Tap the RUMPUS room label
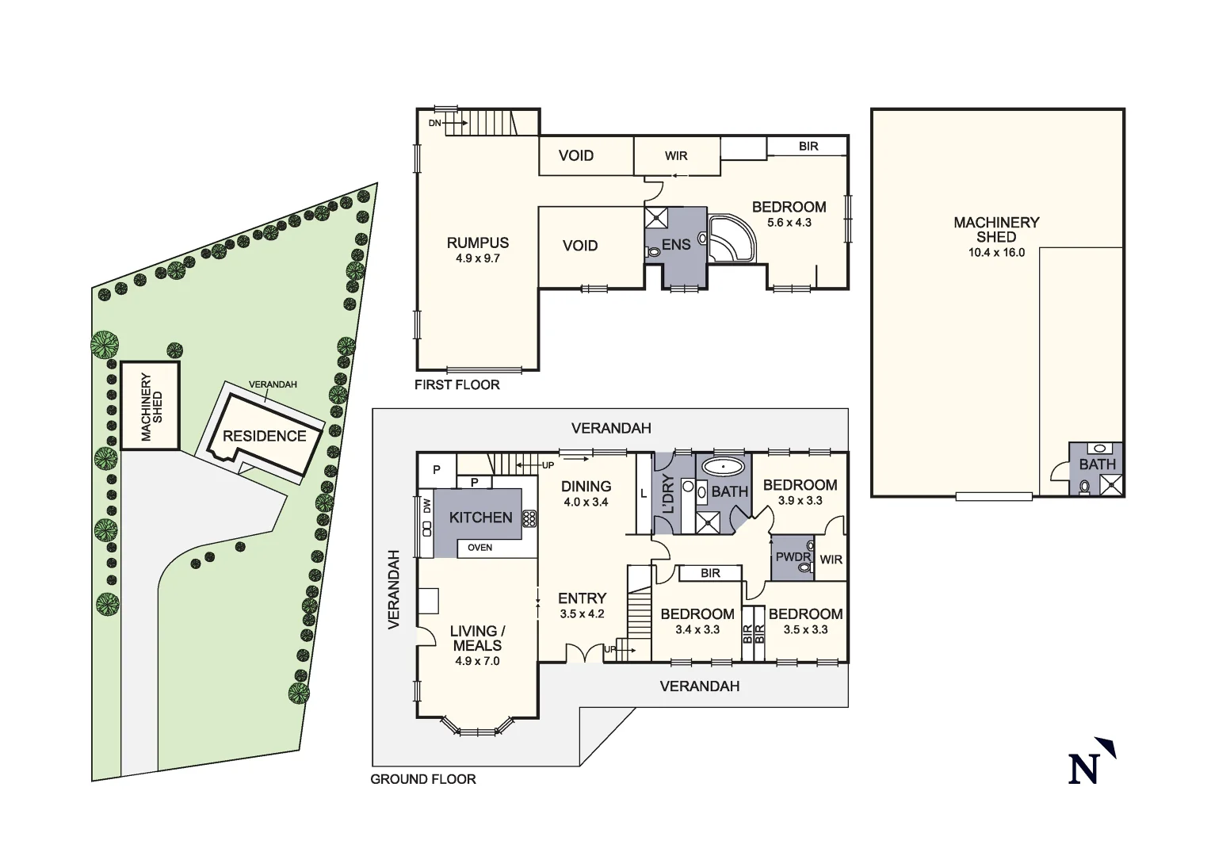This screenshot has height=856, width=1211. pos(477,243)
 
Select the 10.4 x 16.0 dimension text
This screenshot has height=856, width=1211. pos(996,253)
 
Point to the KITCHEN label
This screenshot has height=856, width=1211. pos(480,518)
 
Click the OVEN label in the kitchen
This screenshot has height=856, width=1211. pos(479,548)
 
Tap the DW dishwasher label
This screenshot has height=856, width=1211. pos(426,505)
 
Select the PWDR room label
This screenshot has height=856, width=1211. pos(793,557)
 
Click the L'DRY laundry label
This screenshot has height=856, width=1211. pos(667,494)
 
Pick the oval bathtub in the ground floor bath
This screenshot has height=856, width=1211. pos(724,466)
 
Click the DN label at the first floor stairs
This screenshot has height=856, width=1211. pos(434,123)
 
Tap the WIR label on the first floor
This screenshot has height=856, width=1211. pos(676,156)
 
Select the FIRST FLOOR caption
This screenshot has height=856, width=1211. pos(457,385)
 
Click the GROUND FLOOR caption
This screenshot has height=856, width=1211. pos(423,779)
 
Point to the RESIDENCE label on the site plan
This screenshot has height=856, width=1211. pos(264,436)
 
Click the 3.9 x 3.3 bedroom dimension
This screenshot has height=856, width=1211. pos(800,501)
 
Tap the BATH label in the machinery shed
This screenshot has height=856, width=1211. pos(1097,464)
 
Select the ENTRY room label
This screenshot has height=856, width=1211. pos(582,598)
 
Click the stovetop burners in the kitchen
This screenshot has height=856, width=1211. pos(529,518)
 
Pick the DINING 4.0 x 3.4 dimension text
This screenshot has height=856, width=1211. pos(586,502)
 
